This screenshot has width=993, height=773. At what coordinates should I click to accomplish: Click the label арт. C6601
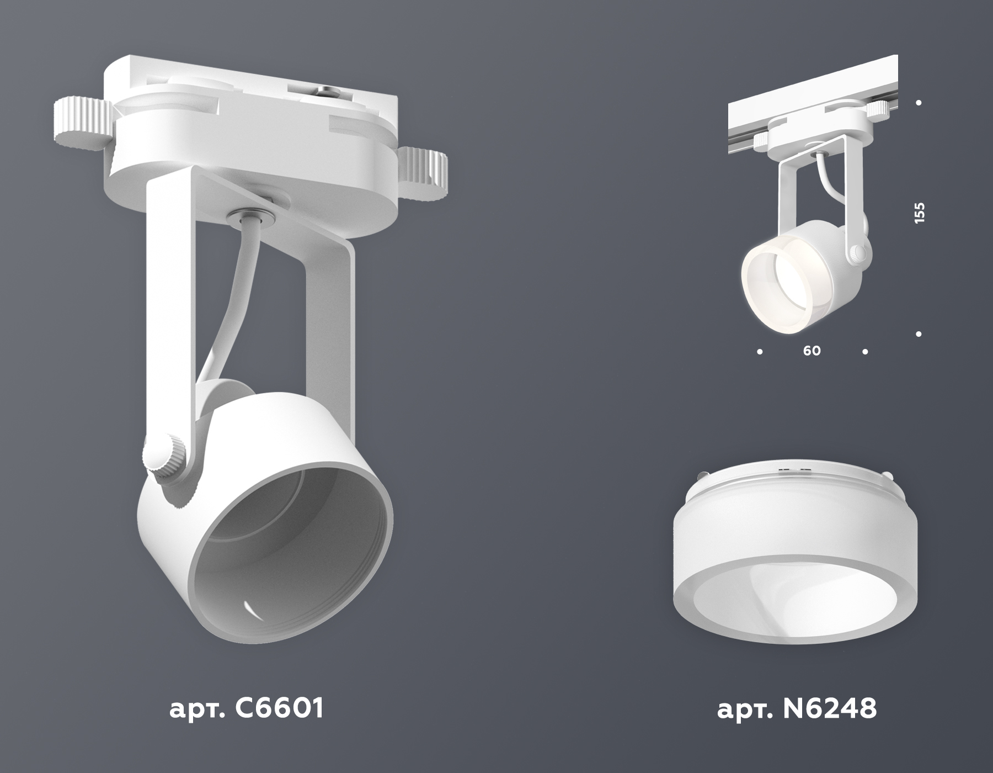coord(245,708)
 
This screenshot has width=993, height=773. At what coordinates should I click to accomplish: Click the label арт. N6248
coord(797,708)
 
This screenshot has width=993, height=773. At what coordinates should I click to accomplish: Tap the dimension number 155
coord(919,213)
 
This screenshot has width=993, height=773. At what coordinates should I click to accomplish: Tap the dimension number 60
coord(812,351)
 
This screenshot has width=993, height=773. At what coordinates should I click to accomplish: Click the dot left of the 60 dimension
coord(760,351)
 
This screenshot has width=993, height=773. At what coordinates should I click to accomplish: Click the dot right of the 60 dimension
coord(865,351)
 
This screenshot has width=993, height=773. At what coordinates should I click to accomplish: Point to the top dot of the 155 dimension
coord(919,103)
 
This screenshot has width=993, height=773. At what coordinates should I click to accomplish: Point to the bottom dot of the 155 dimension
coord(919,333)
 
